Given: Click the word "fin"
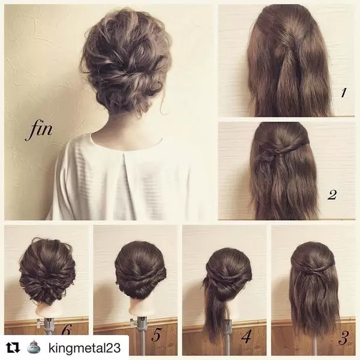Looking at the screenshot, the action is click(x=38, y=130).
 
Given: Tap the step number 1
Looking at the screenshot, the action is click(x=343, y=92).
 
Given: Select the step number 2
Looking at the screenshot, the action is click(x=332, y=194).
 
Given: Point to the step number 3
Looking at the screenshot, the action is click(x=343, y=338).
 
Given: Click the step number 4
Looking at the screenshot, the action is click(x=247, y=336).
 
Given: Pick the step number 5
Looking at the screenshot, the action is click(x=156, y=334).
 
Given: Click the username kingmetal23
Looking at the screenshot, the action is click(x=85, y=348).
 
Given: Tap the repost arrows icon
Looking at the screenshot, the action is click(x=13, y=348).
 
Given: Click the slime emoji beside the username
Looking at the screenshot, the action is click(x=34, y=347).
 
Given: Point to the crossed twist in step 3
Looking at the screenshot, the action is click(x=311, y=269).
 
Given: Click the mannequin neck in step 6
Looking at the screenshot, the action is click(x=46, y=310).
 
